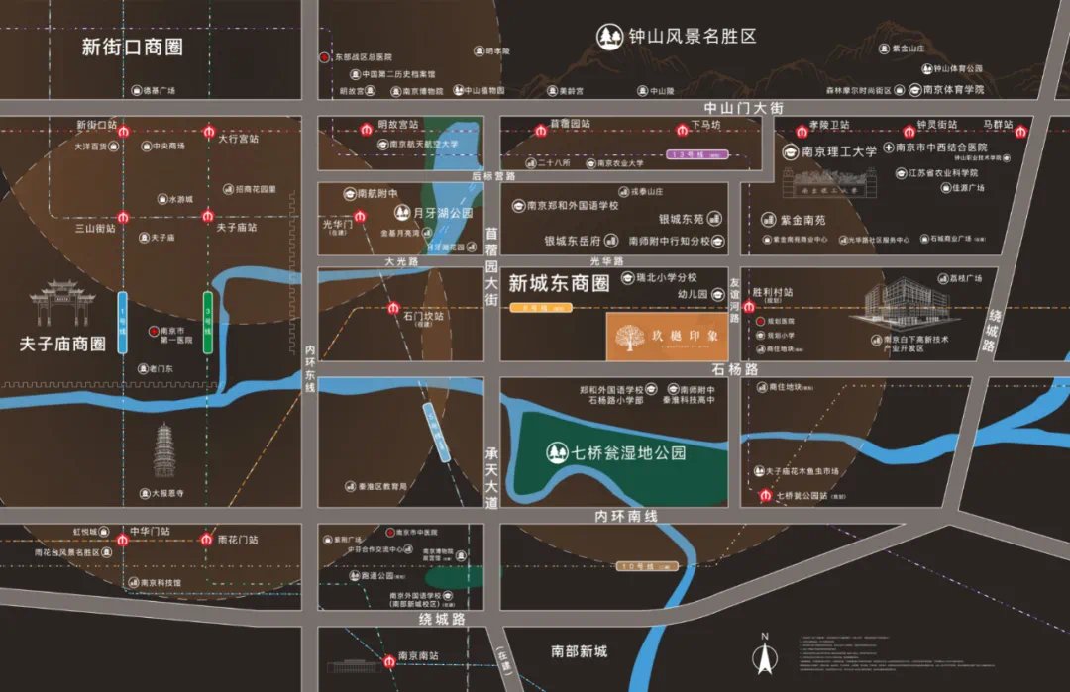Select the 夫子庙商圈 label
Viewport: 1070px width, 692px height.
tap(62, 345)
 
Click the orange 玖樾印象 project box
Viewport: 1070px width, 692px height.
tap(667, 338)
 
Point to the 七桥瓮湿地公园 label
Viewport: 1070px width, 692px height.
tap(629, 452)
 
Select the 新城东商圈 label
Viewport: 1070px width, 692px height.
tap(558, 283)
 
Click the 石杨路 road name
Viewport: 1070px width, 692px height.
tap(734, 369)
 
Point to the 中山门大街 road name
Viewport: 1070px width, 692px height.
tap(743, 108)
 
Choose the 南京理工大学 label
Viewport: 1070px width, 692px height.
tap(838, 152)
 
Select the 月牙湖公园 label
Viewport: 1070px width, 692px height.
tap(442, 212)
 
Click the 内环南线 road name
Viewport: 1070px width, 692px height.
tap(626, 516)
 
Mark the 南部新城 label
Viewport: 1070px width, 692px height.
tap(579, 651)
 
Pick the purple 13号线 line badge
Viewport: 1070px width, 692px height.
tap(698, 154)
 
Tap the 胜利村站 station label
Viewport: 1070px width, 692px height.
tap(773, 293)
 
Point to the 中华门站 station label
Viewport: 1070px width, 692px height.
tap(150, 531)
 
